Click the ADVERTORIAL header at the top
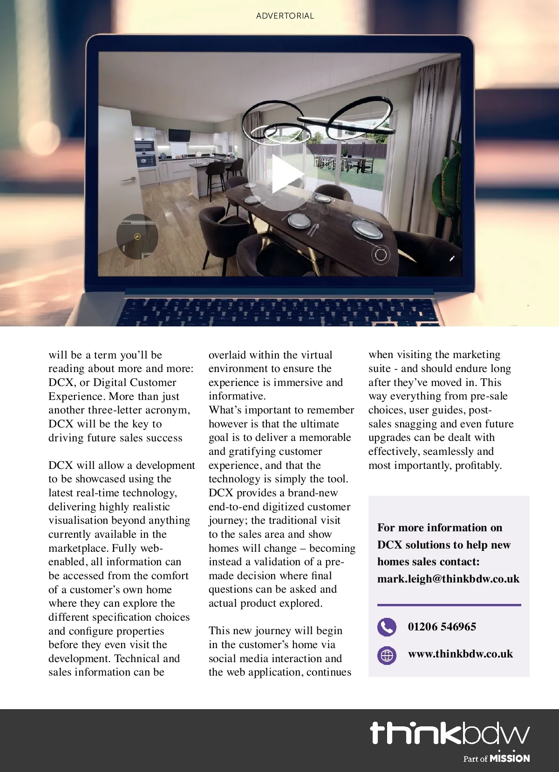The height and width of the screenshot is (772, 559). point(285,16)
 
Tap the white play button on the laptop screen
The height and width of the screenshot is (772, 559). point(285,175)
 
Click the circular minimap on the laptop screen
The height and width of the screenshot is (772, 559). point(137,237)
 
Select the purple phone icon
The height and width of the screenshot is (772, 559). point(387,627)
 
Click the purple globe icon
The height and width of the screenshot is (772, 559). point(387,655)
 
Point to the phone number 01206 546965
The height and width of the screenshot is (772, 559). point(442,627)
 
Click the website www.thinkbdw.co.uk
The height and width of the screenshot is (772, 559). point(460,654)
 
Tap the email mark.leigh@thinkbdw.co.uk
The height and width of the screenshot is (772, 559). point(448,579)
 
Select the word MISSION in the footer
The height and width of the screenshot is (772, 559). point(510,758)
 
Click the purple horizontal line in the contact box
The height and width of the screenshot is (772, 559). point(449,605)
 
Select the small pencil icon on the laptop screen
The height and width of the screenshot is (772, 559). point(451,258)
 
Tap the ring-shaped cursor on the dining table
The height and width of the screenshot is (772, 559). point(381,255)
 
